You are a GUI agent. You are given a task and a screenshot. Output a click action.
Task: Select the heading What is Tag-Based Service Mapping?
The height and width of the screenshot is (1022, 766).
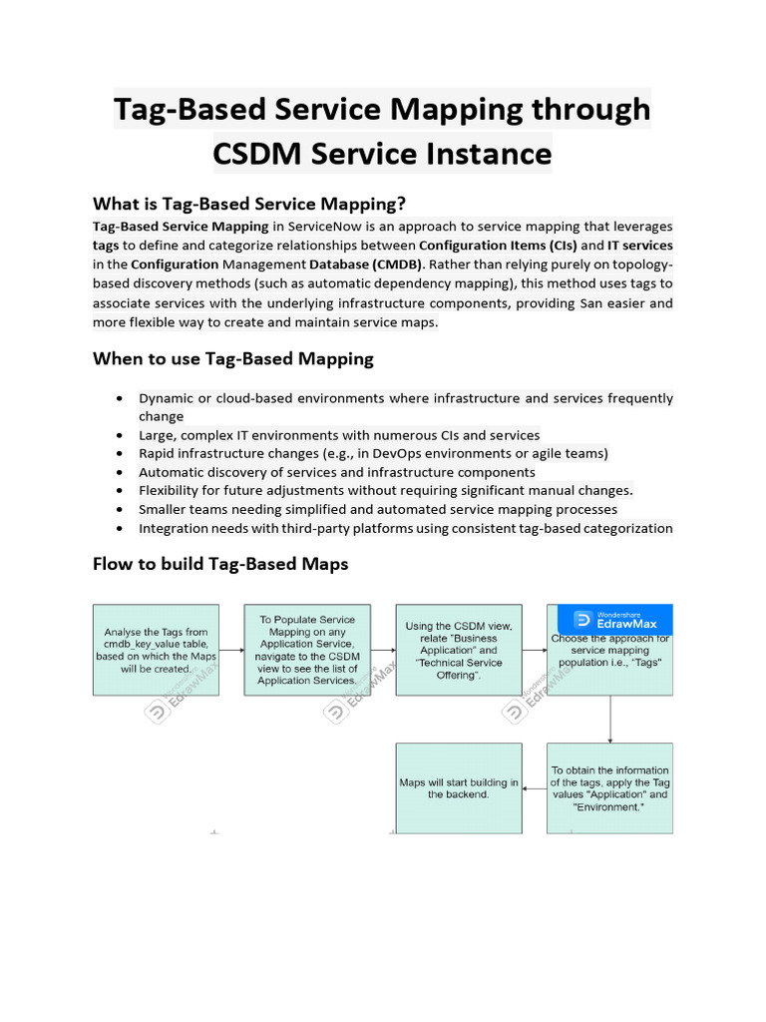pyautogui.click(x=249, y=204)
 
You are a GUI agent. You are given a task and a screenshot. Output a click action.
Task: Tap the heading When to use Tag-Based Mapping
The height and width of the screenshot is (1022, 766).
pyautogui.click(x=233, y=358)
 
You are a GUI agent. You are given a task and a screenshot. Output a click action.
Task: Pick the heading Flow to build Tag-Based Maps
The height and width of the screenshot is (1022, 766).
pyautogui.click(x=220, y=564)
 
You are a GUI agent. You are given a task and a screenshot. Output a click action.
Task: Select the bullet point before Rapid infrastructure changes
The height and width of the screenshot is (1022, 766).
pyautogui.click(x=120, y=454)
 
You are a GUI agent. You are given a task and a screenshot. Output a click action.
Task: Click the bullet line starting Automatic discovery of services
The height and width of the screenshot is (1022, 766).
pyautogui.click(x=336, y=472)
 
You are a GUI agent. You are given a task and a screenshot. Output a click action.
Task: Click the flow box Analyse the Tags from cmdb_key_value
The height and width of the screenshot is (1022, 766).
pyautogui.click(x=156, y=650)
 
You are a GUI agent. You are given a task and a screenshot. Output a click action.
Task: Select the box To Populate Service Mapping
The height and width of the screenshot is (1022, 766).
pyautogui.click(x=306, y=650)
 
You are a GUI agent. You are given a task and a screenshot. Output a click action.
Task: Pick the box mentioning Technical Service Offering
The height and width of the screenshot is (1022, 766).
pyautogui.click(x=458, y=650)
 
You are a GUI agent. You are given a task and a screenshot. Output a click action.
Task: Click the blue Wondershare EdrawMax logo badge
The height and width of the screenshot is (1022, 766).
pyautogui.click(x=609, y=619)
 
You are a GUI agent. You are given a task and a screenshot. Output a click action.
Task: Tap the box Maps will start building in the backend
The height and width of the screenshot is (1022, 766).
pyautogui.click(x=458, y=788)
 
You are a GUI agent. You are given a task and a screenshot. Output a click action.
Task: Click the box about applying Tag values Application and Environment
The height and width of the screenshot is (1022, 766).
pyautogui.click(x=609, y=788)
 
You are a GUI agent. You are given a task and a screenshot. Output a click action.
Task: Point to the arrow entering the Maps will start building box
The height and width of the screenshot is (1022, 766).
pyautogui.click(x=534, y=788)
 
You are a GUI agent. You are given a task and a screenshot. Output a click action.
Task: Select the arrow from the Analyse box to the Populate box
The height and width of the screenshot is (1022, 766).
pyautogui.click(x=231, y=650)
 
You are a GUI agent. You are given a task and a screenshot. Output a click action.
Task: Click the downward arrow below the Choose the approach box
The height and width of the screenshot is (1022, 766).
pyautogui.click(x=609, y=720)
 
